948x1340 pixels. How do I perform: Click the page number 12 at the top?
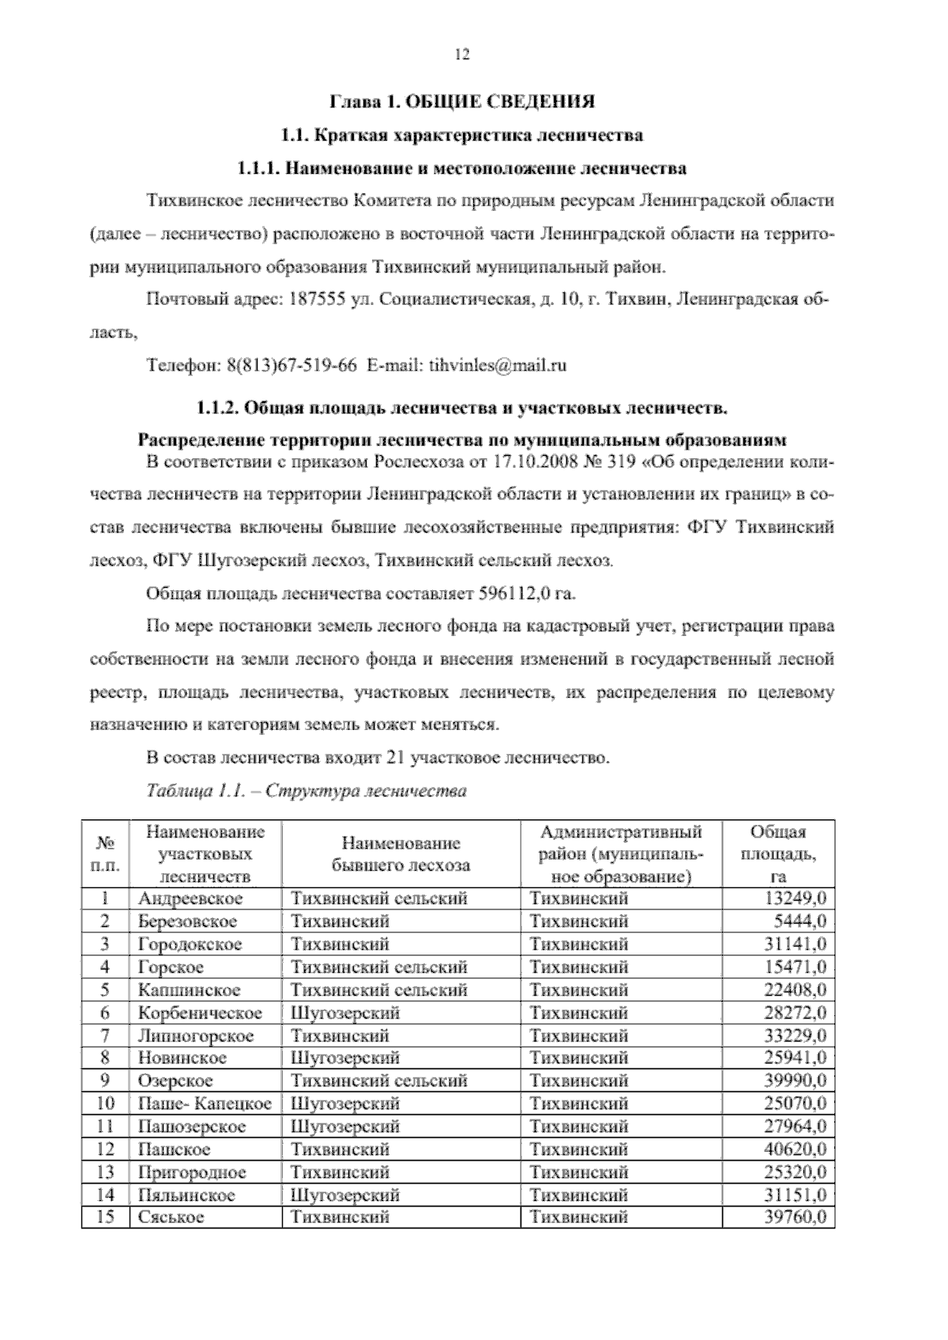coord(462,55)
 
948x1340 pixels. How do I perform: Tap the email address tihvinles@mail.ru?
coord(498,366)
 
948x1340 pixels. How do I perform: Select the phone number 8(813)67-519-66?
coord(292,366)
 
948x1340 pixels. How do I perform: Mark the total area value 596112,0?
coord(515,593)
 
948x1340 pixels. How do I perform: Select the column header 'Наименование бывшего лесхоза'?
coord(401,854)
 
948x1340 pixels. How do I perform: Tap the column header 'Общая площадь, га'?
coord(778,854)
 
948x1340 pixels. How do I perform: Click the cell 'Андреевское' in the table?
coord(190,898)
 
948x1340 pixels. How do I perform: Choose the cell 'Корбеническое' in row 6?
coord(200,1013)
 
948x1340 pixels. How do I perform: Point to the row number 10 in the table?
coord(105,1104)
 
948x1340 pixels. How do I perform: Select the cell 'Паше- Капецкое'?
coord(205,1104)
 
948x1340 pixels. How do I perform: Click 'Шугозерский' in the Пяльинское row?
coord(345,1195)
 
